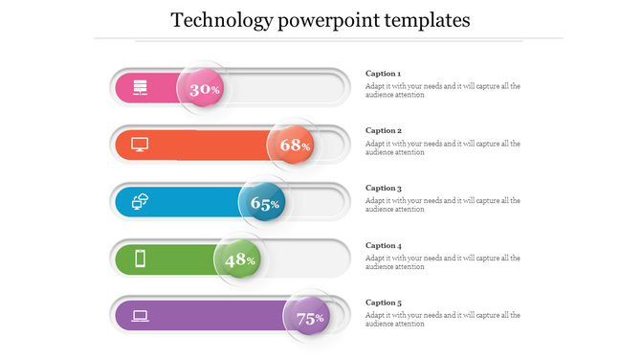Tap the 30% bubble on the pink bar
coord(203,89)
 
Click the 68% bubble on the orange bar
coord(294,146)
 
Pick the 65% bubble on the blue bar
coord(263,203)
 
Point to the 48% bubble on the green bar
coord(238,259)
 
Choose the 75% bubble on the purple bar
coord(308,318)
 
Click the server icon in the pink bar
coord(140,88)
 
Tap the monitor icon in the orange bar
coord(140,145)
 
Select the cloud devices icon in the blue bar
coord(140,202)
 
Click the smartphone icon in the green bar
coord(140,259)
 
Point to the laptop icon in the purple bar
coord(140,315)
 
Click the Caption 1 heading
coord(384,74)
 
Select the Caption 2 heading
coord(384,130)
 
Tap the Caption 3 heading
coord(384,189)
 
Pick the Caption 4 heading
coord(384,245)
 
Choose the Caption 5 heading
coord(384,303)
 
